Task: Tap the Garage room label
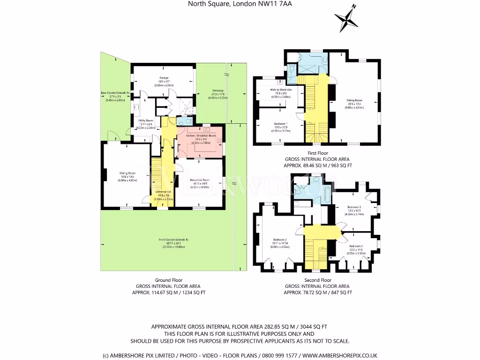[164, 78]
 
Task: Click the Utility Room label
[145, 120]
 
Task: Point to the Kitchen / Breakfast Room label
[201, 135]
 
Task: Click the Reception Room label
[200, 180]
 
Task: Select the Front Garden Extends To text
[173, 240]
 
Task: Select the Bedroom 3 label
[354, 207]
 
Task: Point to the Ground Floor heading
[168, 280]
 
